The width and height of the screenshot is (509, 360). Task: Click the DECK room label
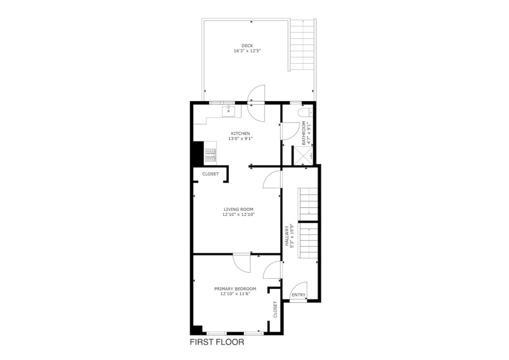(247, 46)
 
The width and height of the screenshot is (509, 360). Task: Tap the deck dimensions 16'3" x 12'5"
(247, 51)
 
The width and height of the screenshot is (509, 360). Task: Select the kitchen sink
(228, 111)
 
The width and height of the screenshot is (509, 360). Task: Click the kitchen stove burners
(210, 155)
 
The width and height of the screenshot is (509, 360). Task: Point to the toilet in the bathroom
(305, 112)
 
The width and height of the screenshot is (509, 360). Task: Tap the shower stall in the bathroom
(303, 156)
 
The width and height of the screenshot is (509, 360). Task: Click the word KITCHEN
(241, 134)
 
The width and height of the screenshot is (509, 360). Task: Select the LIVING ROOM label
(239, 209)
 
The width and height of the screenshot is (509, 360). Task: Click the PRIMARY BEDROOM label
(235, 289)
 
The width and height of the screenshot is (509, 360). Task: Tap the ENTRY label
(298, 295)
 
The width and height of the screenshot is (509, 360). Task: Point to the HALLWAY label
(287, 236)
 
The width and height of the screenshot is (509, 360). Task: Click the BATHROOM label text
(304, 133)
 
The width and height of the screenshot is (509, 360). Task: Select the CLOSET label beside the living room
(210, 174)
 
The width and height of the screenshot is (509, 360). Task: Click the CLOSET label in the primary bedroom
(275, 310)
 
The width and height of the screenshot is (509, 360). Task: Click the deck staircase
(303, 45)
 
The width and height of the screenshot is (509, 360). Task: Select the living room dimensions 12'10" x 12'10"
(239, 214)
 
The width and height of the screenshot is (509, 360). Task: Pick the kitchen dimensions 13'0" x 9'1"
(241, 138)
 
